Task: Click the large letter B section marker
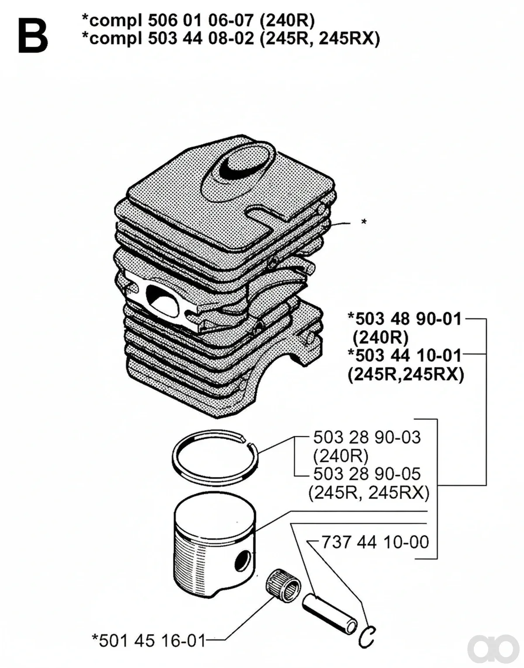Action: click(33, 36)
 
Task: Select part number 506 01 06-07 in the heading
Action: click(201, 21)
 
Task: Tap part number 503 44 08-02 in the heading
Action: click(201, 39)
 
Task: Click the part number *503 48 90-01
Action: click(405, 319)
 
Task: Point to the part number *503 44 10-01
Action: click(405, 355)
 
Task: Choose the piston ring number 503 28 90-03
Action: click(367, 438)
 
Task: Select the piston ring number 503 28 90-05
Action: click(367, 474)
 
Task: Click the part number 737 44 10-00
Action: click(375, 542)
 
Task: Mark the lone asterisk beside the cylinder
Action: click(364, 222)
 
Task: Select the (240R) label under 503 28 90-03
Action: click(341, 456)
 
